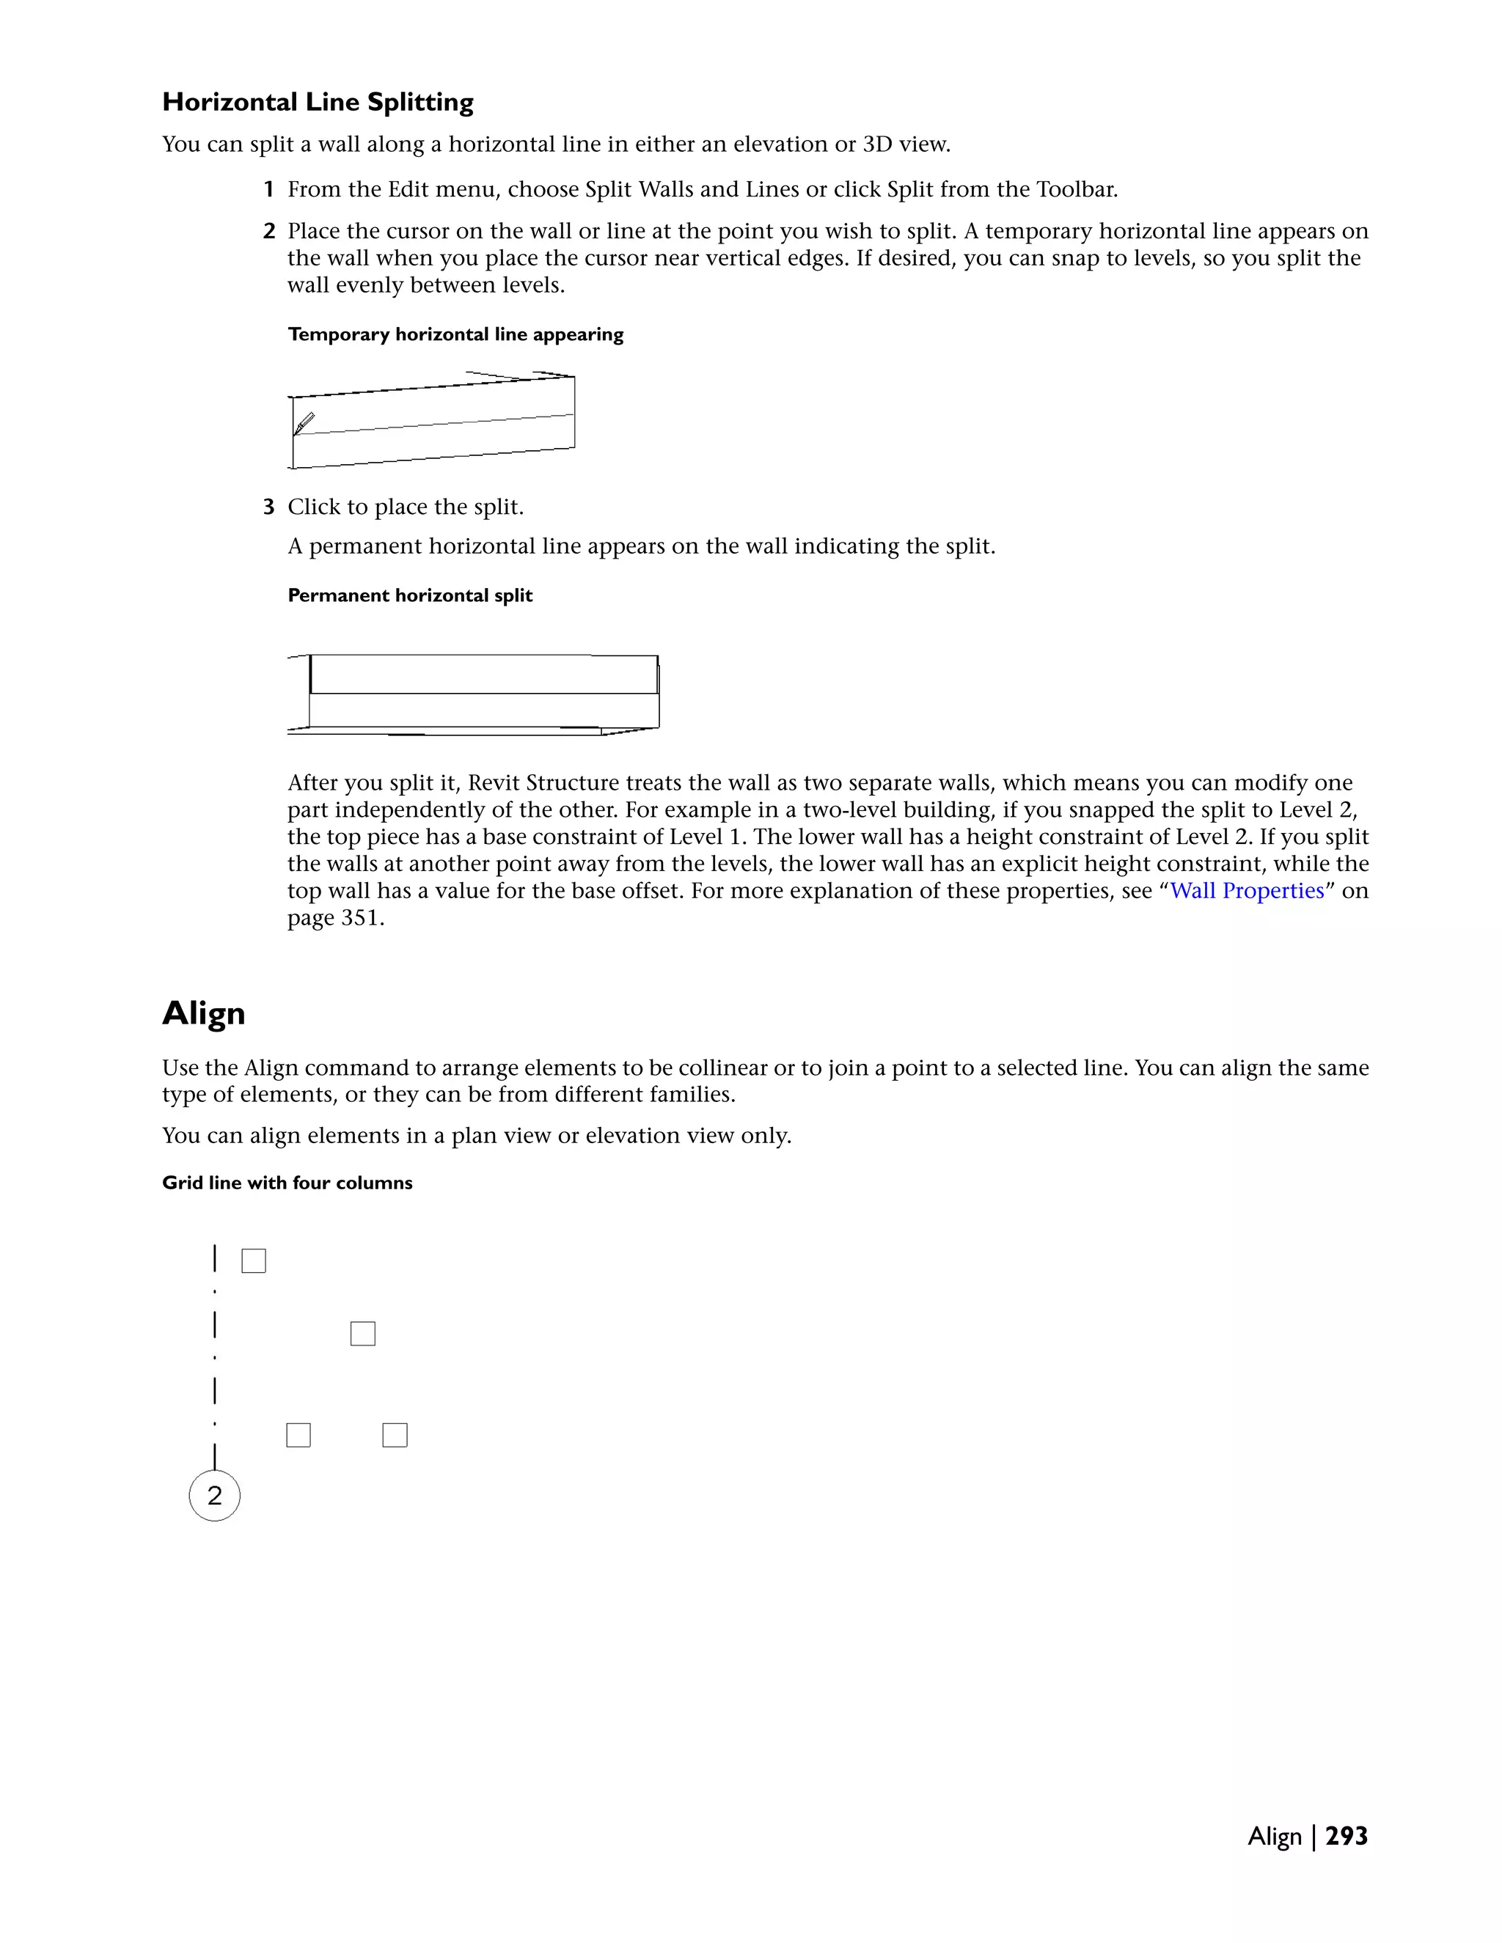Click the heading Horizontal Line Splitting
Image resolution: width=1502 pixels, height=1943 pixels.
pyautogui.click(x=318, y=103)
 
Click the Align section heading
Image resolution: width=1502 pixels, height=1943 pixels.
pyautogui.click(x=204, y=1013)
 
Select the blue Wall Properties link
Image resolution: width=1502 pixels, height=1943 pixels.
pyautogui.click(x=1247, y=891)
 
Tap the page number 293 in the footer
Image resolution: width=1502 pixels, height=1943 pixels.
pyautogui.click(x=1347, y=1836)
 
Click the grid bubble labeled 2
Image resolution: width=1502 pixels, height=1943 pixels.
pyautogui.click(x=214, y=1496)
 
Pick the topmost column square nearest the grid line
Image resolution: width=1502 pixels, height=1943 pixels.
pyautogui.click(x=254, y=1260)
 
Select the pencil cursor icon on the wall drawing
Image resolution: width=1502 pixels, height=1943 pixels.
pyautogui.click(x=304, y=424)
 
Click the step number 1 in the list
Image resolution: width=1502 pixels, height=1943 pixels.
pyautogui.click(x=268, y=189)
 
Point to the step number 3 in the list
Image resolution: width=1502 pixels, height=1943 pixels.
pyautogui.click(x=268, y=507)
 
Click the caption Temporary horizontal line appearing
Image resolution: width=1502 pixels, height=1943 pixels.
pyautogui.click(x=455, y=334)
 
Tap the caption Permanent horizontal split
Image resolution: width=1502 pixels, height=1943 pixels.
pyautogui.click(x=409, y=595)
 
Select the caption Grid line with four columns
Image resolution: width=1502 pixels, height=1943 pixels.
pyautogui.click(x=287, y=1183)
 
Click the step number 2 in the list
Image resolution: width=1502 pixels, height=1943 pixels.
pyautogui.click(x=268, y=231)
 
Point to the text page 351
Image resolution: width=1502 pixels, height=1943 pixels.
pyautogui.click(x=334, y=918)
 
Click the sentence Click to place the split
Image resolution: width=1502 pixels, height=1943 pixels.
pyautogui.click(x=405, y=507)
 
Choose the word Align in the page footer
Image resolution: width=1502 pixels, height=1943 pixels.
pyautogui.click(x=1274, y=1836)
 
